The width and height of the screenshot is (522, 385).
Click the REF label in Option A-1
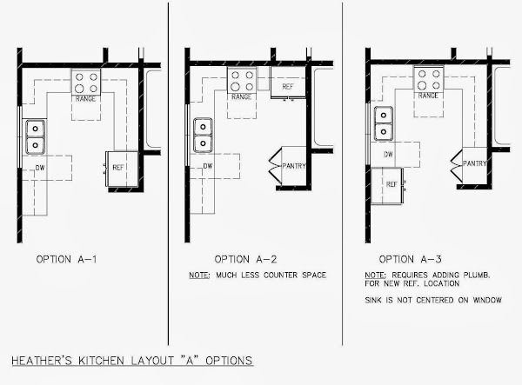[x=118, y=168]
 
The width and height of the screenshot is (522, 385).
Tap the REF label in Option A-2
[x=288, y=87]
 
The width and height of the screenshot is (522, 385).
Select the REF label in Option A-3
[x=391, y=184]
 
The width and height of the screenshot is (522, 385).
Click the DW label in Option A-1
[x=40, y=168]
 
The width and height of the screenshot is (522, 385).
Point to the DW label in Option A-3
[x=389, y=155]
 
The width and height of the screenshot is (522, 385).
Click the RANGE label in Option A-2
[x=241, y=96]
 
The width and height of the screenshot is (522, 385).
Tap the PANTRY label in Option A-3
[x=475, y=163]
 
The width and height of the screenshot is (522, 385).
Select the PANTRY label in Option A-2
[x=294, y=166]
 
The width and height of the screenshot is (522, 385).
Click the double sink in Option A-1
[x=36, y=136]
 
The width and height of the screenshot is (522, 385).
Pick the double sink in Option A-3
[x=384, y=123]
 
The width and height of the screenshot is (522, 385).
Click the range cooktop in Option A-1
[x=86, y=82]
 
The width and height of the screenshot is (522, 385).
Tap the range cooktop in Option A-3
[x=428, y=79]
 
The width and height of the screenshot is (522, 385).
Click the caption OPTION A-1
[x=67, y=259]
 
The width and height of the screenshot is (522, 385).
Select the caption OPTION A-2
[x=245, y=259]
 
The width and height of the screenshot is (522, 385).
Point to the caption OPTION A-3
[x=410, y=259]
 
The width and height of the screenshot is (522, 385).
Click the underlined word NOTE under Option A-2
[x=199, y=275]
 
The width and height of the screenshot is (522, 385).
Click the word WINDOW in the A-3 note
[x=487, y=300]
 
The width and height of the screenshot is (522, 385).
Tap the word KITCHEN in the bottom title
[x=101, y=361]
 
